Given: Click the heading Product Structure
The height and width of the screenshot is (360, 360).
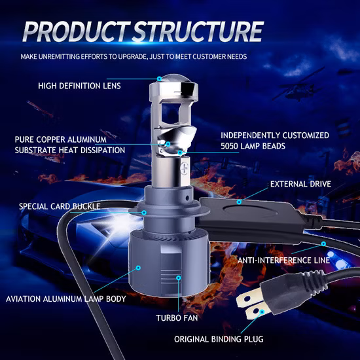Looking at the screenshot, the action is pos(143,31).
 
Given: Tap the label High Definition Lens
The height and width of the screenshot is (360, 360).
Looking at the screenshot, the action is pos(79,86).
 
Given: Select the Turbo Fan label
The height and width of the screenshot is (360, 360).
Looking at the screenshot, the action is pos(177,318).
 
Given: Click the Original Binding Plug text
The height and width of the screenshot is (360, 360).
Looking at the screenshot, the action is pos(219,339).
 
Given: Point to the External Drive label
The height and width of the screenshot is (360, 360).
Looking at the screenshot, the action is pos(300,184).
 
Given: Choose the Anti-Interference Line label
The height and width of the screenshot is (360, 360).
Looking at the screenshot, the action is pos(283,261).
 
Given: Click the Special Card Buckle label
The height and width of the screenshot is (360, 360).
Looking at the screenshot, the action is pos(60,206).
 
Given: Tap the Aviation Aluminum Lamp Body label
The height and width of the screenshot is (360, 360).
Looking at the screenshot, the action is pos(66,299).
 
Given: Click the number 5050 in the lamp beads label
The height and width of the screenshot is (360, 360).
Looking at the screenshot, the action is pos(230,146).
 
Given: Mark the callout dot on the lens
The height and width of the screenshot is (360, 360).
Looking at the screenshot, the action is pos(159,79).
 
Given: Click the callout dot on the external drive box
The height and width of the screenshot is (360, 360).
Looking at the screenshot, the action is pos(239,202).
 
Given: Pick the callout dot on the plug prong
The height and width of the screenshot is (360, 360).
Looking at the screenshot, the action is pos(262,312).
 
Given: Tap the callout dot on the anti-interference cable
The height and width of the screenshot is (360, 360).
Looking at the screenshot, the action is pos(323,243).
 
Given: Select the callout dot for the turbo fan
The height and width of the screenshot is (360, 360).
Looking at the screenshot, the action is pos(179,278).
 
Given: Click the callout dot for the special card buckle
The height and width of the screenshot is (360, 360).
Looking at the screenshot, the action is pos(144,213).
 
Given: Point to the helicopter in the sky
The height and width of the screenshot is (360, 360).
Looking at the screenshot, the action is pos(298,86).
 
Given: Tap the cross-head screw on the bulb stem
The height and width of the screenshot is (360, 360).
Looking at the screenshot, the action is pos(185,166).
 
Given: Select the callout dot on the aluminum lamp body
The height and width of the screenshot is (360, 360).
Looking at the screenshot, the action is pos(138,268).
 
